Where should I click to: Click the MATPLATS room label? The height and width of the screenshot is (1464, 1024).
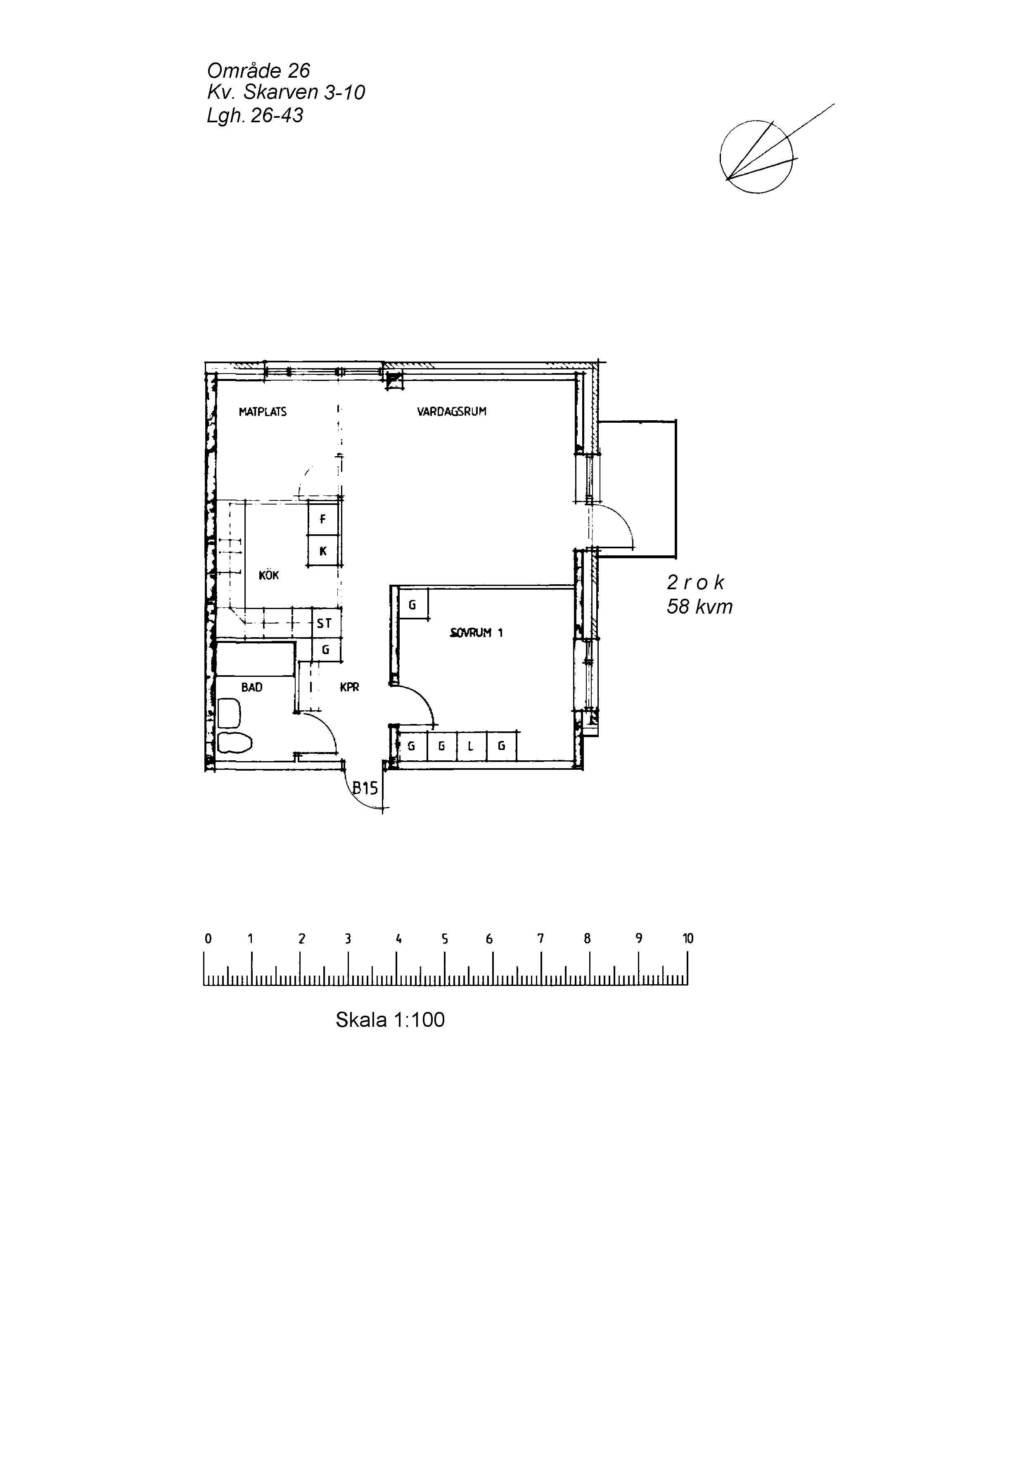coord(263,412)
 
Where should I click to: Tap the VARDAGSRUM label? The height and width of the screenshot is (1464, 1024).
coord(452,412)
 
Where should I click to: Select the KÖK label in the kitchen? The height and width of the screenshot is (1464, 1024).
coord(269,575)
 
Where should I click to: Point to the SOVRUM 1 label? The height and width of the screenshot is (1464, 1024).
coord(476,633)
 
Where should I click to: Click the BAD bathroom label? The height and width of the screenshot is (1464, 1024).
coord(252,687)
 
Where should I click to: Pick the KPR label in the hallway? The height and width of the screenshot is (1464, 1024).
coord(350,687)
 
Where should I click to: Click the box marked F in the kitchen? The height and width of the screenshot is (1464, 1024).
coord(323,519)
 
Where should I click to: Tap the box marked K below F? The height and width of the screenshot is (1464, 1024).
coord(323,551)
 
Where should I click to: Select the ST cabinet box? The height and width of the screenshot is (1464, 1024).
coord(325,624)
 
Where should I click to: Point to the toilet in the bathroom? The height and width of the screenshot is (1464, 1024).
coord(235,742)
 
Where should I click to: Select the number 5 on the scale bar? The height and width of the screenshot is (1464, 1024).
coord(445,938)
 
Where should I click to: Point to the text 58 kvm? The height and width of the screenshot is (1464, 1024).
coord(699,607)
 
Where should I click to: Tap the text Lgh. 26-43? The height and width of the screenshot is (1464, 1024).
coord(255,115)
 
